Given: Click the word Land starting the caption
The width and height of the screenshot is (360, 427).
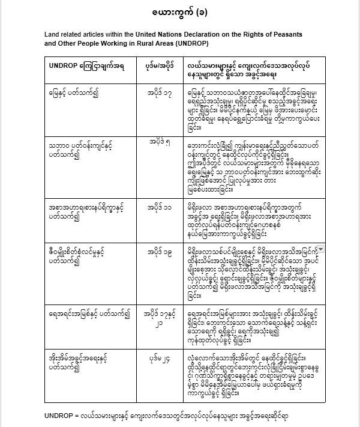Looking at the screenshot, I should click(x=53, y=35).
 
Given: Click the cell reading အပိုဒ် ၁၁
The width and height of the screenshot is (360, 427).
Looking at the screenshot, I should click(x=158, y=205).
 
